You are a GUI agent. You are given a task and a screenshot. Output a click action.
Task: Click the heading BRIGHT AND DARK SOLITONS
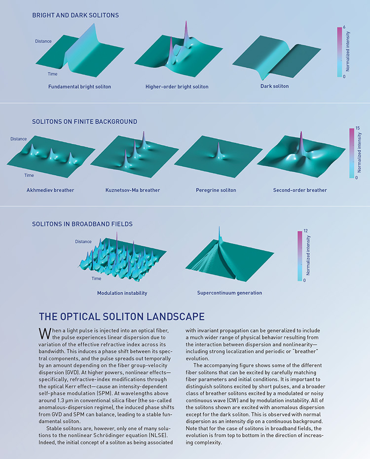point(75,15)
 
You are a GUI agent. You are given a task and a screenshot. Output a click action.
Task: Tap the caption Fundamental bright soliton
point(79,87)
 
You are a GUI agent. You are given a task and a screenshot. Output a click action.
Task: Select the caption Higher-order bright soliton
point(177,87)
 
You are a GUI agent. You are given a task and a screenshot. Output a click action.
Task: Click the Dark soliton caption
point(274,86)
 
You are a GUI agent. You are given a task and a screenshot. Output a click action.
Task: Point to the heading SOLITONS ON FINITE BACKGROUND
point(84,121)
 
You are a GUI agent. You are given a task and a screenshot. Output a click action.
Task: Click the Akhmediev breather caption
point(50,190)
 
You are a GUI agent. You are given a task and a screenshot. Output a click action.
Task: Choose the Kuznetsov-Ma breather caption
point(133,190)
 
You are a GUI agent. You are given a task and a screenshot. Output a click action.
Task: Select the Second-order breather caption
point(299,190)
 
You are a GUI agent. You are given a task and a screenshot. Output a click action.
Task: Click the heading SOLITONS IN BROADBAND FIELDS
point(82,224)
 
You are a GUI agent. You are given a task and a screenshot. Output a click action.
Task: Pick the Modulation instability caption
point(122,293)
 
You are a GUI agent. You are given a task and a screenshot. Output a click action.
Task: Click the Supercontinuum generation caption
point(229,293)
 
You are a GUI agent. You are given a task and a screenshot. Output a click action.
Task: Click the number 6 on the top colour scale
point(343,27)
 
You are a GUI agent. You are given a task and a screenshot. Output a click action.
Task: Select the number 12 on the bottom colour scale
point(306,231)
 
